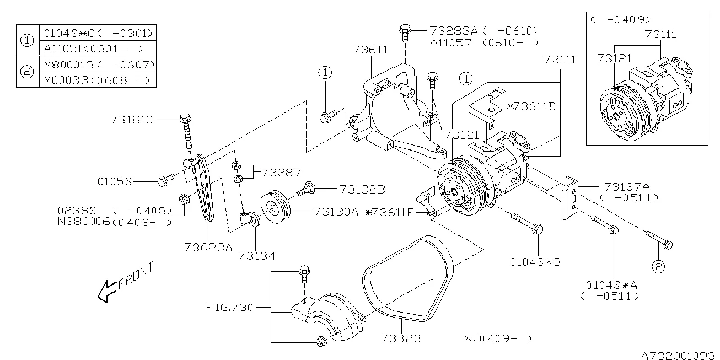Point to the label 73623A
[x=208, y=247]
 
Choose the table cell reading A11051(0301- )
[x=96, y=48]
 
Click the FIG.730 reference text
[x=230, y=307]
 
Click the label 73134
[x=256, y=255]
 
